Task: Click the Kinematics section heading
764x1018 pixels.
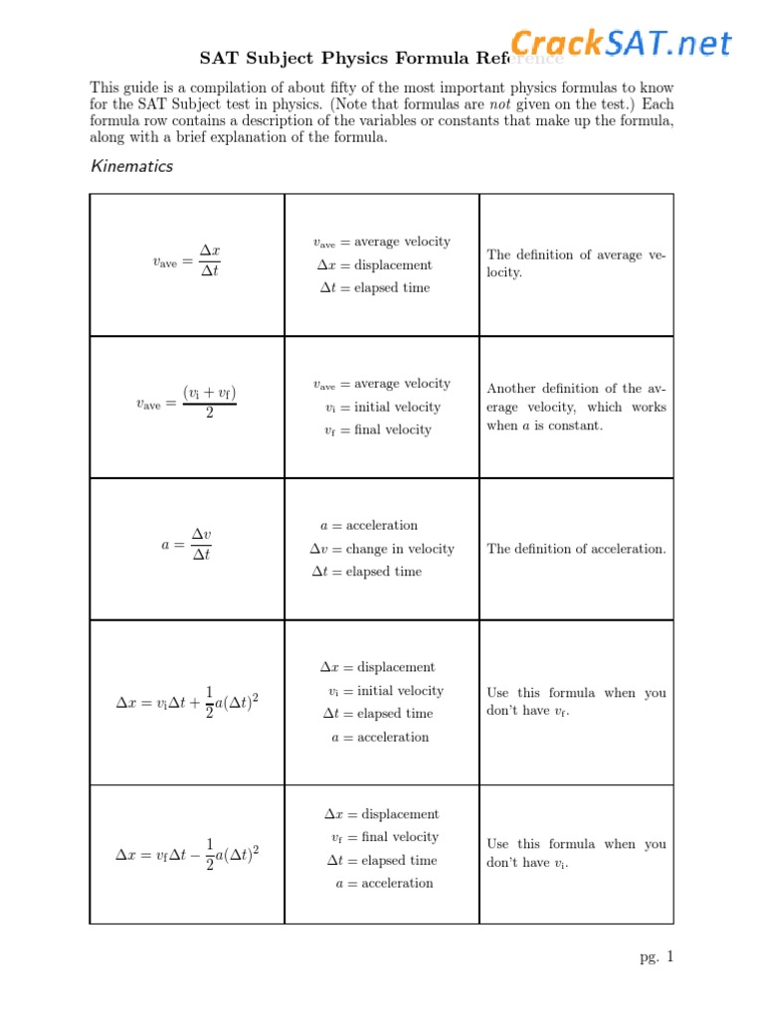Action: (131, 166)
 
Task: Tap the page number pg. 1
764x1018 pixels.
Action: (657, 957)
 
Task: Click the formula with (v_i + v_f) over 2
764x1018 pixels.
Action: (186, 403)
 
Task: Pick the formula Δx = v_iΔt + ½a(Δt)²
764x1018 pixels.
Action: (187, 702)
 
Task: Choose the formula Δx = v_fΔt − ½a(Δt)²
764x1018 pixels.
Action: (187, 854)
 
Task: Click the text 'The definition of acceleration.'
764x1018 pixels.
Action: (576, 549)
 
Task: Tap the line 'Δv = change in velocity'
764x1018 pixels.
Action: (382, 549)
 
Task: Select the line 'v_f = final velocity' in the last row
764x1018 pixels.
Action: (384, 837)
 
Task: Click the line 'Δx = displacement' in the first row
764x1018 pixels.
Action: (374, 265)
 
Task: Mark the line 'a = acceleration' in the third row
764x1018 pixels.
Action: (369, 525)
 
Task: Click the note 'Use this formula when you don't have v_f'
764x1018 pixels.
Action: (576, 702)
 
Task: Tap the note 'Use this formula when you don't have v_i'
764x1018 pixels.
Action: (576, 853)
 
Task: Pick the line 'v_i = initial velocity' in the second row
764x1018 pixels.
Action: (382, 407)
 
